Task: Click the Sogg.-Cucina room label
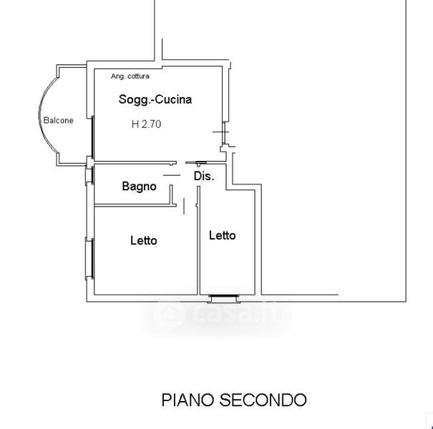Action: [x=155, y=99]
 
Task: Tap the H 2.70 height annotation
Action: [x=146, y=124]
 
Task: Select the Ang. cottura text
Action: [x=130, y=76]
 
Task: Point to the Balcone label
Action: [x=59, y=120]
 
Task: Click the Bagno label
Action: [x=139, y=186]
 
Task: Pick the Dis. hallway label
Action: [x=204, y=176]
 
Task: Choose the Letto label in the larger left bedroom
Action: [x=144, y=240]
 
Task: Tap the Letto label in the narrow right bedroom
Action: [x=223, y=235]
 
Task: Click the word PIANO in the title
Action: [x=188, y=400]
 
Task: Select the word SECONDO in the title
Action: [x=263, y=400]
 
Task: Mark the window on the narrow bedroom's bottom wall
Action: [x=224, y=298]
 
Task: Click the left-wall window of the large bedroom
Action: [x=89, y=259]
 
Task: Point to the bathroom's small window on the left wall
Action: [x=89, y=175]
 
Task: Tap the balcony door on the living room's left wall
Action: [x=93, y=137]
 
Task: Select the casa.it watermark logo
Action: [x=217, y=315]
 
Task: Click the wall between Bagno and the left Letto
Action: [x=135, y=205]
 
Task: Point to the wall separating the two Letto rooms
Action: [x=198, y=240]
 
